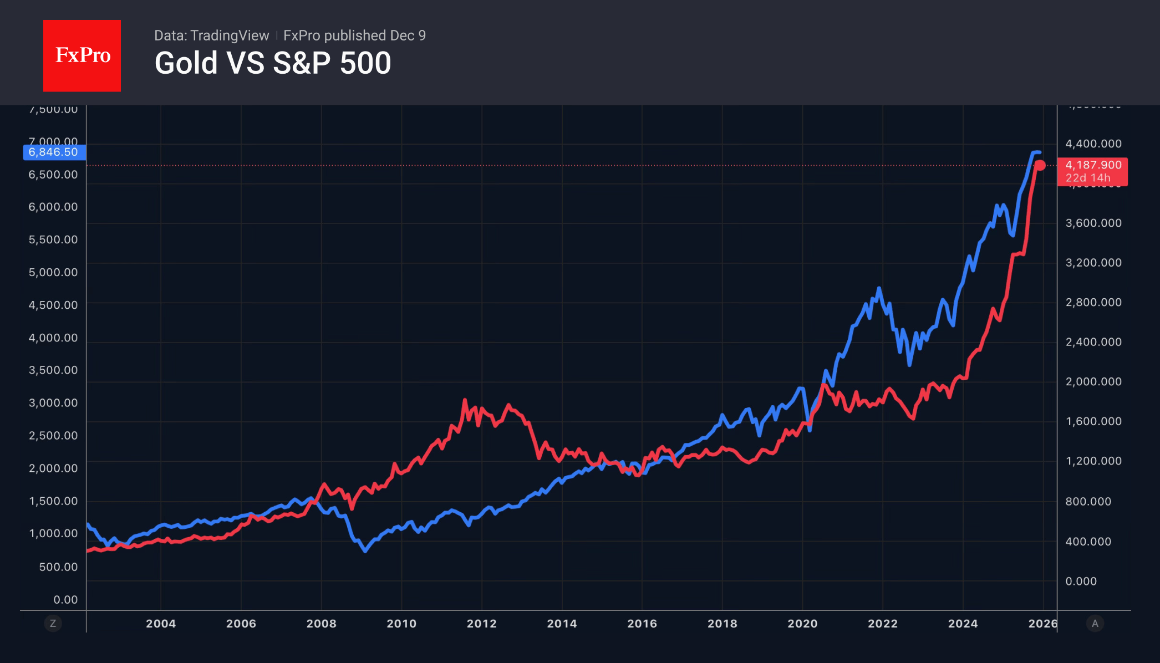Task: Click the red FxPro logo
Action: [82, 55]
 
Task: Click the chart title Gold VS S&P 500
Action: [273, 63]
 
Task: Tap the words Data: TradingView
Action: [211, 35]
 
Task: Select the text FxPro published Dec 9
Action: [354, 35]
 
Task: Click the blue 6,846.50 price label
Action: [54, 152]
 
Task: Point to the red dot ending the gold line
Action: [1040, 165]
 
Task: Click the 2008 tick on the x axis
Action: [322, 624]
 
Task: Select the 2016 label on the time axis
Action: [642, 624]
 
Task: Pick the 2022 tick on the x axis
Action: [883, 624]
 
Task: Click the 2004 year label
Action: [161, 624]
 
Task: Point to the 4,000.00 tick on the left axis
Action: [53, 338]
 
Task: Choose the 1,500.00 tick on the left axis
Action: [53, 501]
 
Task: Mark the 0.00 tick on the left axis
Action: [65, 599]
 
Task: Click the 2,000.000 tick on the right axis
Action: [1093, 381]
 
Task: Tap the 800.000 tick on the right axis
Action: [1088, 501]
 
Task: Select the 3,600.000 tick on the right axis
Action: [1093, 223]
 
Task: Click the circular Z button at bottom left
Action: [53, 624]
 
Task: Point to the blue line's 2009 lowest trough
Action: [365, 551]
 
